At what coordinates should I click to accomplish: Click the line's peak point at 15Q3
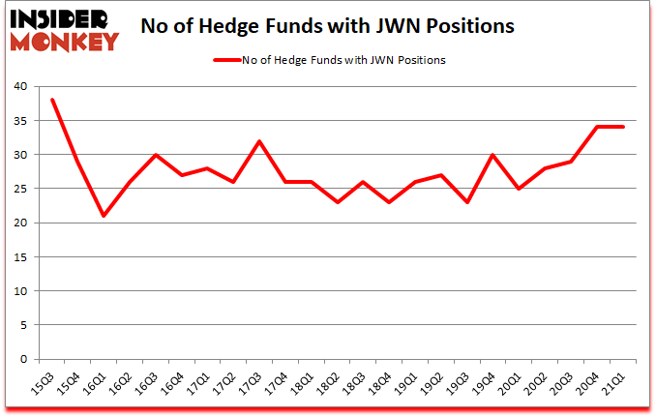click(52, 100)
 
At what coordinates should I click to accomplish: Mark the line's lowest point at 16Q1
click(104, 216)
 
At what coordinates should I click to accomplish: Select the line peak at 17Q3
click(259, 141)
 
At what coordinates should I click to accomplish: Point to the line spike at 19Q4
click(493, 155)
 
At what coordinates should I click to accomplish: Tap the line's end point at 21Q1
click(623, 127)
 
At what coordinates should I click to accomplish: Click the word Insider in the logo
click(60, 17)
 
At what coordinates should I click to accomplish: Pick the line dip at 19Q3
click(467, 202)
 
